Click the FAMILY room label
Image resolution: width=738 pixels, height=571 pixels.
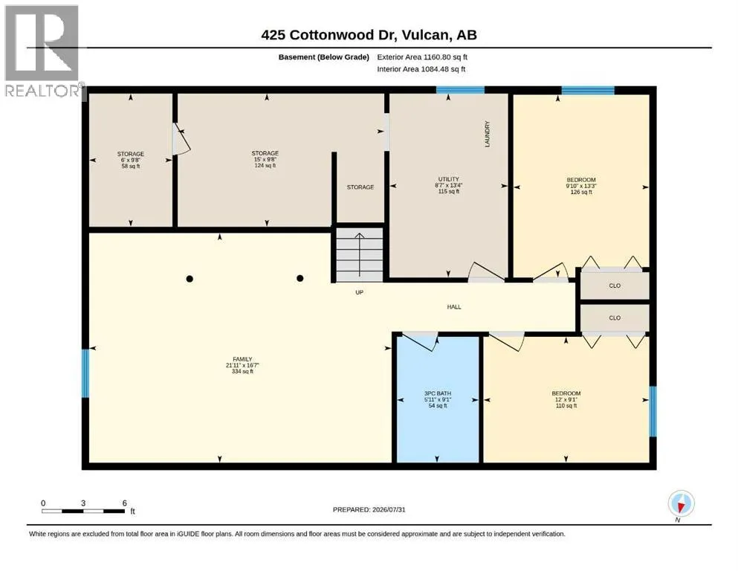tap(242, 359)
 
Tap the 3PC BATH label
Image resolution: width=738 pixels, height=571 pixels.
tap(438, 393)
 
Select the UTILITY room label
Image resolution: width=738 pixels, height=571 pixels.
tap(449, 179)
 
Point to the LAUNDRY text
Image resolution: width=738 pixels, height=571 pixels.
tap(487, 134)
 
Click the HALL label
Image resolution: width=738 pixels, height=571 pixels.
tap(454, 307)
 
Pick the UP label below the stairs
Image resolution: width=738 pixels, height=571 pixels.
tap(360, 292)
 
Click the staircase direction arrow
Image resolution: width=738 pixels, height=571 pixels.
tap(360, 255)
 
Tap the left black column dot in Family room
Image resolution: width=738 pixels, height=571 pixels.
tap(190, 279)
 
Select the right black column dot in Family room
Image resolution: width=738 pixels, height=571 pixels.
tap(300, 278)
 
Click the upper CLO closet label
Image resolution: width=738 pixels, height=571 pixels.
tap(615, 285)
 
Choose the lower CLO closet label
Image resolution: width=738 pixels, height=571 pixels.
tap(615, 317)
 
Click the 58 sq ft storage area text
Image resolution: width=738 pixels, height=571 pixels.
tap(131, 166)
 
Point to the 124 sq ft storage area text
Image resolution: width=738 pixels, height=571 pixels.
tap(265, 166)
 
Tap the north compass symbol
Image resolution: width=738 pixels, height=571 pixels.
tap(681, 503)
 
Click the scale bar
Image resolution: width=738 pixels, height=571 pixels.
tap(83, 511)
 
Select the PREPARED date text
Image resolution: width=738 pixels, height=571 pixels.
tap(369, 509)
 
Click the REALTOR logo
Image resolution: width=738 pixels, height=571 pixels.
tap(43, 51)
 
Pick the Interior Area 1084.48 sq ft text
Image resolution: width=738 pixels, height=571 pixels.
tap(421, 69)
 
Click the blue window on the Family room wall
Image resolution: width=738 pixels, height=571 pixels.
tap(85, 372)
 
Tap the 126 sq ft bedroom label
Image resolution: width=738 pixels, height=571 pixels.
tap(581, 192)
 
